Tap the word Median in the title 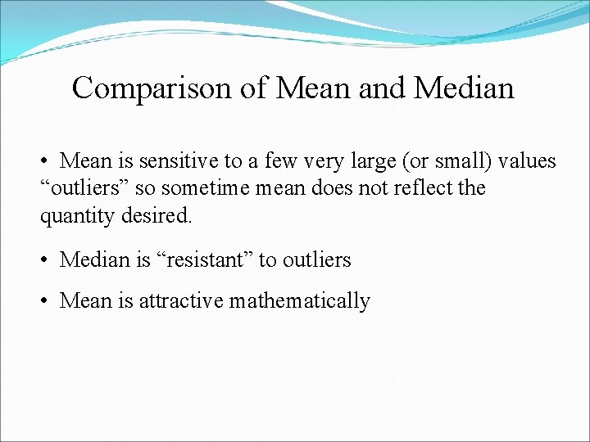[464, 88]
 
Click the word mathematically [300, 301]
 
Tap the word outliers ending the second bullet [316, 260]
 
